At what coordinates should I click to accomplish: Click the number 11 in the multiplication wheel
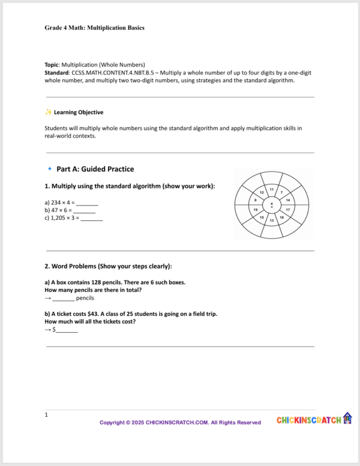271,190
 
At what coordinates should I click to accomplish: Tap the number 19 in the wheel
256,209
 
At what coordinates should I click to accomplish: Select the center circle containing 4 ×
272,205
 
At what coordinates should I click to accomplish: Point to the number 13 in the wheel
272,220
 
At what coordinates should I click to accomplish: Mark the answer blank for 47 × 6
84,211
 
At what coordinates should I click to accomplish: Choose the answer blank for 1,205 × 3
92,219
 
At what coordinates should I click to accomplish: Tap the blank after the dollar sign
67,330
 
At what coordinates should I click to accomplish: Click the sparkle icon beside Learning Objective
48,112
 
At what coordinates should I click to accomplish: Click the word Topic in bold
53,64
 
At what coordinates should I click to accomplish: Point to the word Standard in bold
58,73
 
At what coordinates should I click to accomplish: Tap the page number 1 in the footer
46,414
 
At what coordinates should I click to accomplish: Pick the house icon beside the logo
347,418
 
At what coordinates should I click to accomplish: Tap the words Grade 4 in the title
57,28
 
